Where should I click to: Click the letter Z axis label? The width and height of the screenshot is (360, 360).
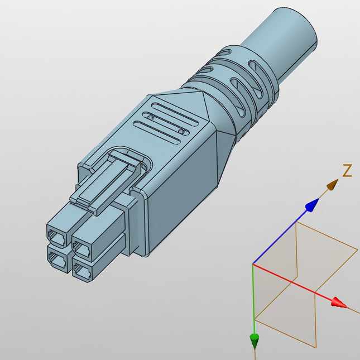(347, 171)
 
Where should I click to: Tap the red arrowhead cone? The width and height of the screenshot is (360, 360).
(338, 304)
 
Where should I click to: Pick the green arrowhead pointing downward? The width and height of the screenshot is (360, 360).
(254, 339)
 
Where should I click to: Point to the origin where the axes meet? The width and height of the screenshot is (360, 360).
(253, 264)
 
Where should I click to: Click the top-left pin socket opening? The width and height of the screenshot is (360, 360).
(56, 236)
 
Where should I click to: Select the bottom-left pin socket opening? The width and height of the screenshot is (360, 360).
(56, 258)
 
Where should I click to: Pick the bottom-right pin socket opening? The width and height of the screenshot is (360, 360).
(83, 270)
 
